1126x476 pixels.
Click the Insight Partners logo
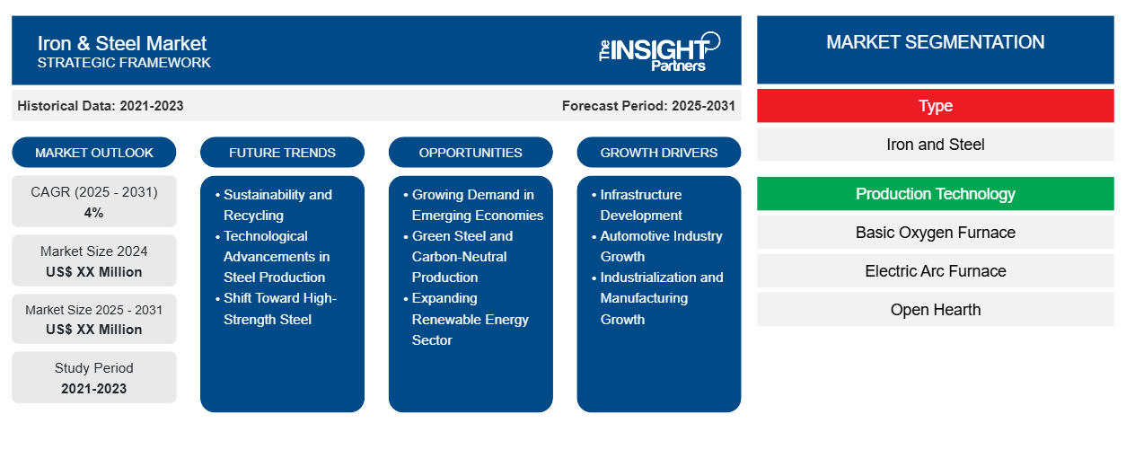659,51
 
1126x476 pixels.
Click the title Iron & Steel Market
122,42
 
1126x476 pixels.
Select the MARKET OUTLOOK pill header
94,153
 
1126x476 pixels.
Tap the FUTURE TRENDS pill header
282,153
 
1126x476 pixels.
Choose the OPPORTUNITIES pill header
471,153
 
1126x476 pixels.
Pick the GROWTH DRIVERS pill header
659,153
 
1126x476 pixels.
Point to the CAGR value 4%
94,213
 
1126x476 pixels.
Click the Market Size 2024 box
94,260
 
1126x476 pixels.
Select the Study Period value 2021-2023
94,389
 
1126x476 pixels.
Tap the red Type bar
935,106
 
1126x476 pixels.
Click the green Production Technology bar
935,194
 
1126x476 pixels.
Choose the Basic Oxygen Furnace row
935,233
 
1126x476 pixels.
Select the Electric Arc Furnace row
935,271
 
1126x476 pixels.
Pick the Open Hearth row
935,310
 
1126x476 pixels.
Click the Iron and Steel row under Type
935,145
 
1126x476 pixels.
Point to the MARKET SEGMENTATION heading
935,42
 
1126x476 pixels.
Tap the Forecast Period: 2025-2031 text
648,106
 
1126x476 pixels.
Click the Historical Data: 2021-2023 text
101,106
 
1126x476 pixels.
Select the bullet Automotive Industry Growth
661,246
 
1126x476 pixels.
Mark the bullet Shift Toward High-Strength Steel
279,308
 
